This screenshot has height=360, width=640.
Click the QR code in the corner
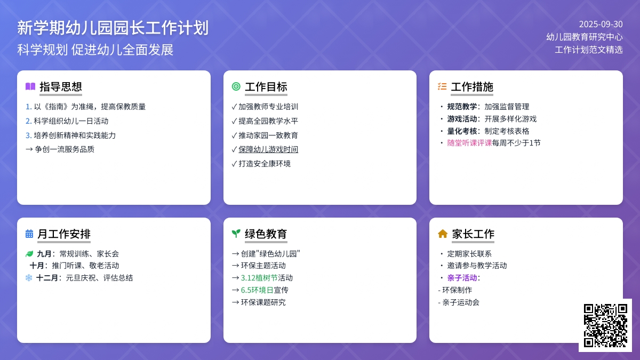click(x=605, y=325)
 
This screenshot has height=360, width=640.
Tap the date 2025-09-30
click(x=601, y=25)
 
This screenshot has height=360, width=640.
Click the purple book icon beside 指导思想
click(x=30, y=86)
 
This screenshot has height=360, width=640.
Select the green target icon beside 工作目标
click(x=236, y=86)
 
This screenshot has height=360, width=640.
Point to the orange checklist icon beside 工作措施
click(x=442, y=86)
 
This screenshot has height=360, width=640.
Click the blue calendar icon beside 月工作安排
click(x=29, y=234)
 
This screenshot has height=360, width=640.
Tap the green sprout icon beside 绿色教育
click(x=236, y=234)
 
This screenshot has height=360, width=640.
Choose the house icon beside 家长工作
click(x=443, y=234)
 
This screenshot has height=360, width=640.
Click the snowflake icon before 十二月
click(x=29, y=278)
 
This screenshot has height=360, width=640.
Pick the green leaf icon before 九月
click(x=29, y=254)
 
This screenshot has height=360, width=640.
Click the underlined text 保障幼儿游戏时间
click(x=268, y=149)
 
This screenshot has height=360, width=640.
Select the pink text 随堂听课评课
click(x=469, y=143)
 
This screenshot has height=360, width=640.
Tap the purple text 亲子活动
click(x=462, y=278)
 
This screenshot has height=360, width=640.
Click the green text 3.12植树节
click(x=259, y=278)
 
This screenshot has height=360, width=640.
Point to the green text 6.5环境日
click(x=257, y=290)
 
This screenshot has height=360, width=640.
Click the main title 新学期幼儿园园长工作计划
click(x=113, y=28)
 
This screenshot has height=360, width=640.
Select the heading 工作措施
click(x=472, y=87)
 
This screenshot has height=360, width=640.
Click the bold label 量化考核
click(x=462, y=131)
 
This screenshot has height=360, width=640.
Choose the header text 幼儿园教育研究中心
click(x=585, y=37)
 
